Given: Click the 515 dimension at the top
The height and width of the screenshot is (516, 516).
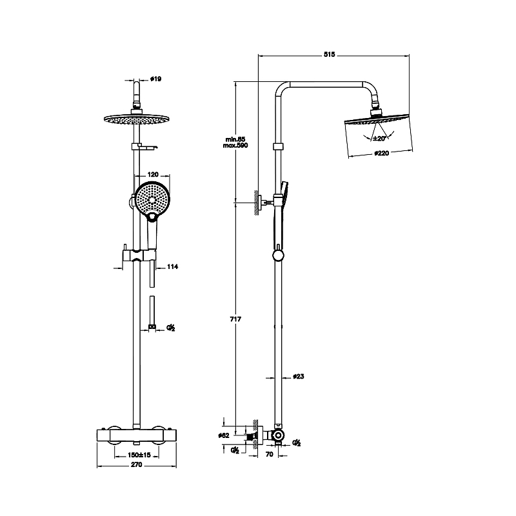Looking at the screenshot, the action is pyautogui.click(x=329, y=55).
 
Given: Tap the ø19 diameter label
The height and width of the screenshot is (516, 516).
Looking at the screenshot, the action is pyautogui.click(x=155, y=79).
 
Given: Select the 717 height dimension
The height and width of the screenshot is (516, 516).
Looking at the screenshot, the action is pyautogui.click(x=235, y=319).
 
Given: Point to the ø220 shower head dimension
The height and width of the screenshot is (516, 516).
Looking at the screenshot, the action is pyautogui.click(x=381, y=153).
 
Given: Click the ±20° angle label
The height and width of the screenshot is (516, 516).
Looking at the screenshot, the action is pyautogui.click(x=379, y=139).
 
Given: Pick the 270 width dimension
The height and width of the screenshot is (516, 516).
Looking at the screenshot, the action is pyautogui.click(x=137, y=464).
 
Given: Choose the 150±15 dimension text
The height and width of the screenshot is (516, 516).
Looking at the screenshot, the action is pyautogui.click(x=139, y=455).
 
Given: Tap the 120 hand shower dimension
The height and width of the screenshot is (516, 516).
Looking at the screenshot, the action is pyautogui.click(x=153, y=174).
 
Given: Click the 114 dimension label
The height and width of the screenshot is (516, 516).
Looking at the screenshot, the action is pyautogui.click(x=172, y=266).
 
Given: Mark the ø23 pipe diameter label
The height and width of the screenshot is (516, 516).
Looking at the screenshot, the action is pyautogui.click(x=299, y=377).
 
